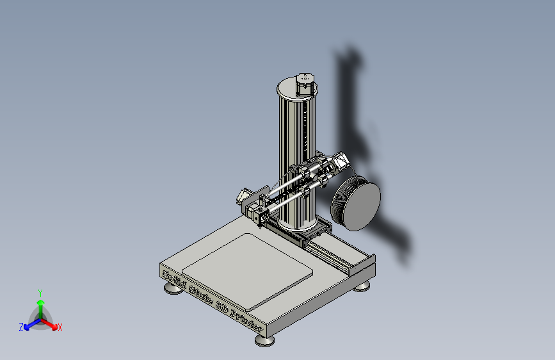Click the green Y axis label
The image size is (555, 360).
coord(40,292)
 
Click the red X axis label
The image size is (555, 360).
coord(60,328)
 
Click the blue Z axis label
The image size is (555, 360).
coord(21,327)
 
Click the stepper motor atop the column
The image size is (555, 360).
coord(305,83)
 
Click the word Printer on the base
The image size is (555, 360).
coord(246,321)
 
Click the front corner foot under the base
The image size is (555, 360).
coord(265,340)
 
